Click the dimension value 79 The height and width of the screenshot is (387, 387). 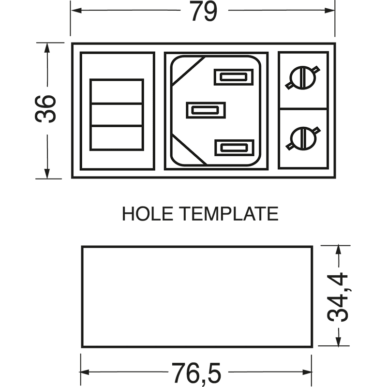204,11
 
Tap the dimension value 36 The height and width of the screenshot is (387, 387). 45,109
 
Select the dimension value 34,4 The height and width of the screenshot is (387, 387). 338,297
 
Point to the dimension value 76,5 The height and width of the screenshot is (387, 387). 196,373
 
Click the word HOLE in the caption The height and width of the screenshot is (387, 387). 148,214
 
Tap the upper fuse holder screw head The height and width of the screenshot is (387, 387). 303,77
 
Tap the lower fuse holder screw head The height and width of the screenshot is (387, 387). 303,138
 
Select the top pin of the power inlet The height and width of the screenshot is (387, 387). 234,77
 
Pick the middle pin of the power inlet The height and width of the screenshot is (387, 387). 206,110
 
